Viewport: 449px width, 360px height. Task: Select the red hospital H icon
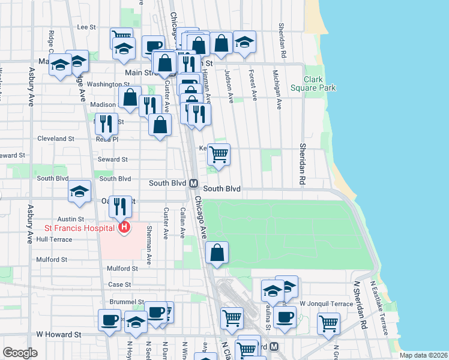(x=124, y=227)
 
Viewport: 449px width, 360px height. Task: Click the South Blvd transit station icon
(x=193, y=184)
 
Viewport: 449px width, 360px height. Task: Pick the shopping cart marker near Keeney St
(x=218, y=154)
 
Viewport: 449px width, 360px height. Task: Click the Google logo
(x=20, y=353)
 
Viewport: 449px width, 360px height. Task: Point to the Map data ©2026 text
(x=423, y=355)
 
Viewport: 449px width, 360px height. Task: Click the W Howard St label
(x=58, y=334)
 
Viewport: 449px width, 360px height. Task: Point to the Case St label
(x=119, y=284)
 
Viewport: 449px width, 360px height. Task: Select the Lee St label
(x=87, y=27)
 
